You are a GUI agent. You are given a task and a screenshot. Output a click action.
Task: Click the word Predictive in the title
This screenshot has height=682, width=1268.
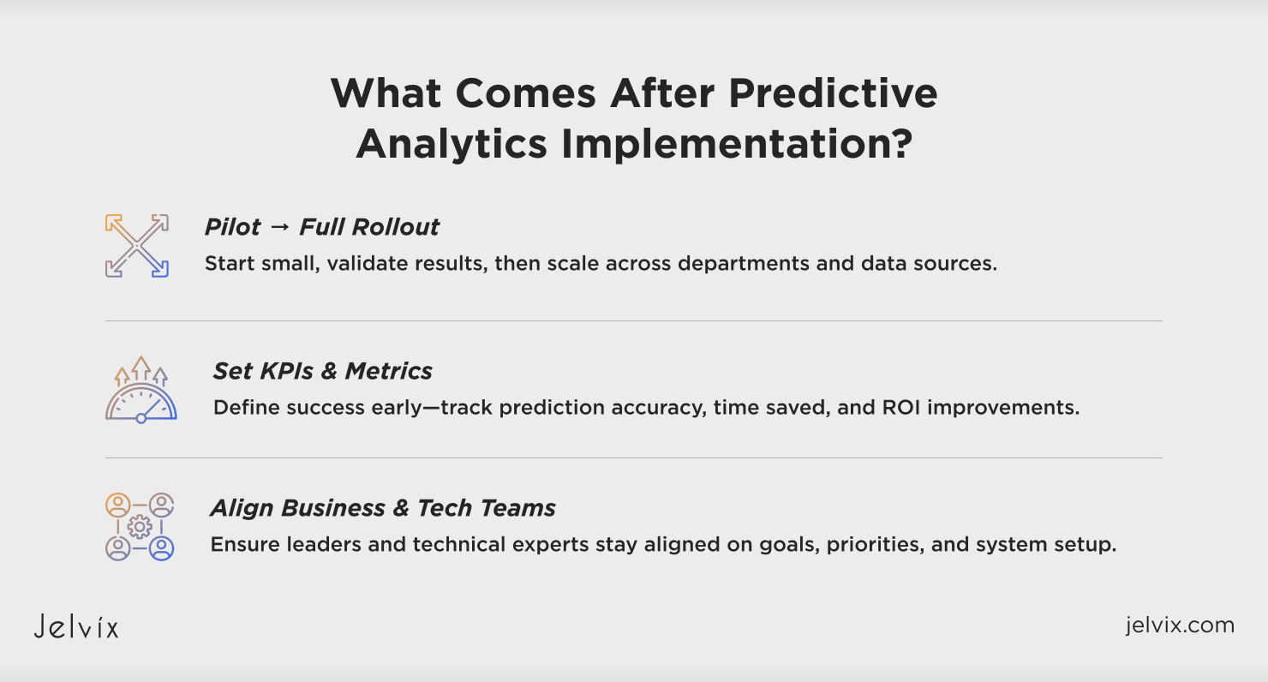833,93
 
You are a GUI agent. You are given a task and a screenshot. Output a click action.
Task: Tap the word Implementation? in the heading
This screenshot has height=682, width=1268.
737,144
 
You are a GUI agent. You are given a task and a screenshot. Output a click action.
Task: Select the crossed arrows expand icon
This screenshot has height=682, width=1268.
137,246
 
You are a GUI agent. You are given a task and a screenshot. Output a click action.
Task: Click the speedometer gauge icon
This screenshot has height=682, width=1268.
141,389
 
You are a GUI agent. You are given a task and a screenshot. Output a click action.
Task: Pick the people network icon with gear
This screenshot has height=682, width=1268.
140,527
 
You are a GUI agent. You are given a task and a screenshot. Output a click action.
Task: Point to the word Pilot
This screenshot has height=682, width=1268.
232,227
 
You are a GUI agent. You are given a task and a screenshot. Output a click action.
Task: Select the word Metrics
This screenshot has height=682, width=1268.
388,371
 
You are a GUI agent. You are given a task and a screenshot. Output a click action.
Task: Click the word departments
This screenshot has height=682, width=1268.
744,264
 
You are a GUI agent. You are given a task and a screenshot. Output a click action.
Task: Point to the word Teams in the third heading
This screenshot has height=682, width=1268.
517,508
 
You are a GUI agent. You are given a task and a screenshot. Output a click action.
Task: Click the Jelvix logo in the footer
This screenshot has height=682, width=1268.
76,626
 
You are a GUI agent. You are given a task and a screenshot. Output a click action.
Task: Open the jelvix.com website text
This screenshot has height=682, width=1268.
1180,625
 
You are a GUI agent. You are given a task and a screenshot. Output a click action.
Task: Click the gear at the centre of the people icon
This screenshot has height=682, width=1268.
140,527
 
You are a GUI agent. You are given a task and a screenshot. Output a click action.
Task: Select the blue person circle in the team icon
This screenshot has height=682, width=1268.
161,548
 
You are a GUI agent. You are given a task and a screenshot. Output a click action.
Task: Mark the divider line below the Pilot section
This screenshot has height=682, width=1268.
634,321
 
